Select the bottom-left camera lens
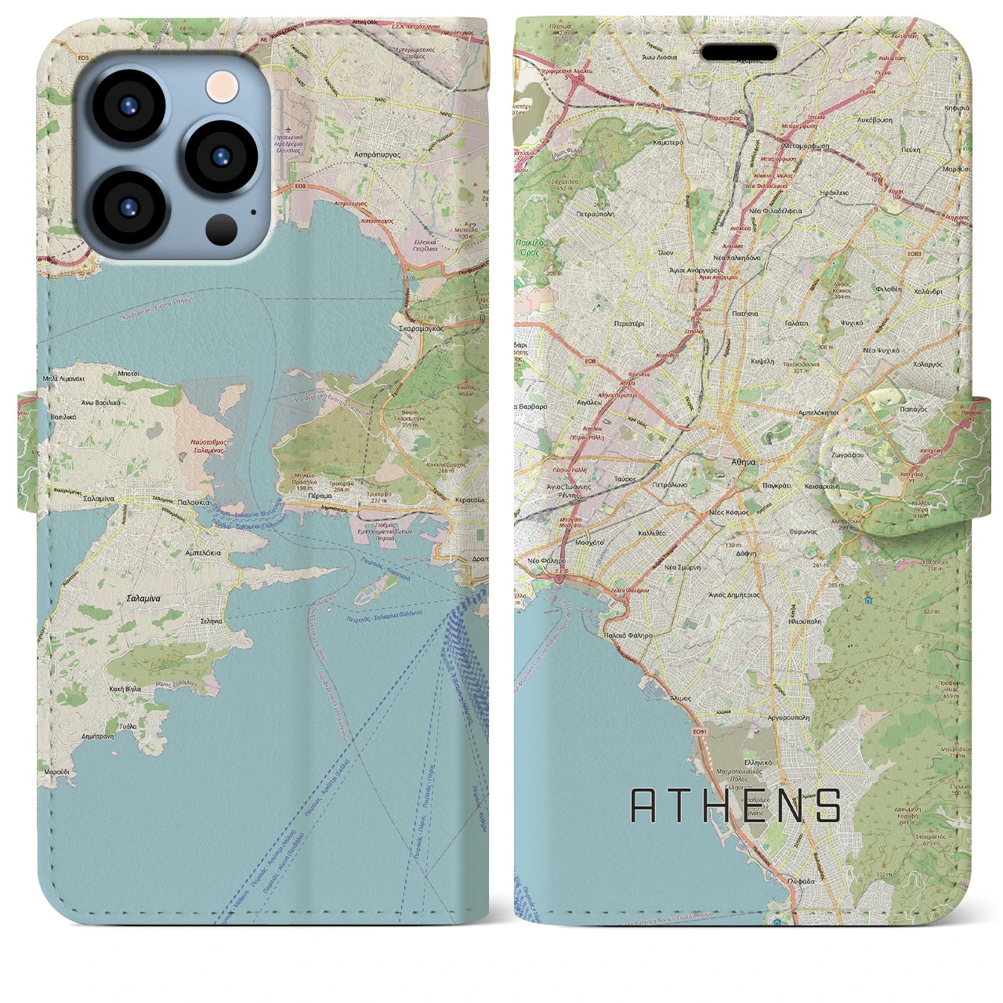128,207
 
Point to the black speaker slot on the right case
738,53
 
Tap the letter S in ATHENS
827,806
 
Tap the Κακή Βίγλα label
125,689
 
